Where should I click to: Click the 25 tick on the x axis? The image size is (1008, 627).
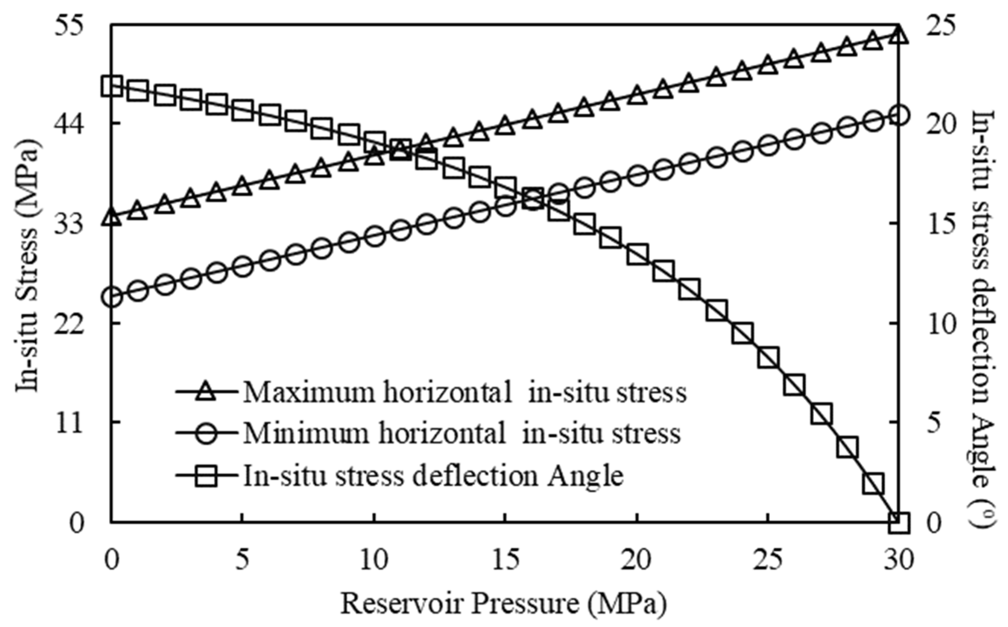(x=768, y=561)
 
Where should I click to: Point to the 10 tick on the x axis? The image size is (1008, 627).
(x=374, y=561)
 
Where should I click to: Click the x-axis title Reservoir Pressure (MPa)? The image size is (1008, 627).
(x=504, y=603)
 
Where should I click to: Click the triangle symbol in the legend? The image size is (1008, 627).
(x=206, y=392)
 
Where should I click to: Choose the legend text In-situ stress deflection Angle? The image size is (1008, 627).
(x=433, y=476)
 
